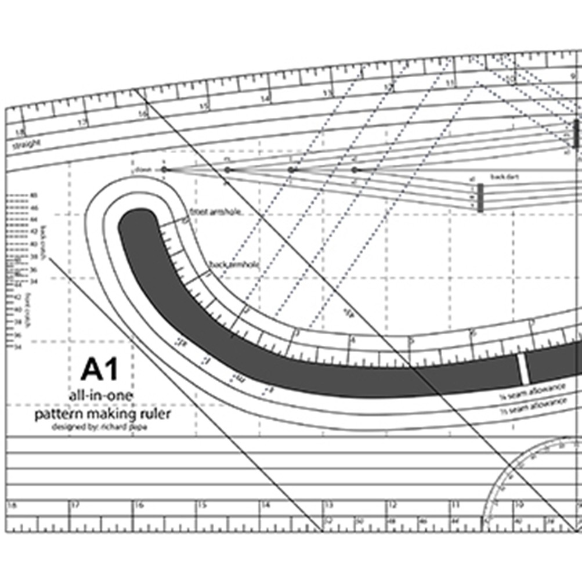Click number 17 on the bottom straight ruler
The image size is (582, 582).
click(x=74, y=505)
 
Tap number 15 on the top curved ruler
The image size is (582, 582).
click(x=204, y=107)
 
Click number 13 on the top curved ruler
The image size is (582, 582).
click(x=328, y=93)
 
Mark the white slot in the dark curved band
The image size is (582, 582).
click(x=524, y=368)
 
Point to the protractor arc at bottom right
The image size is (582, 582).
click(x=511, y=470)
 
